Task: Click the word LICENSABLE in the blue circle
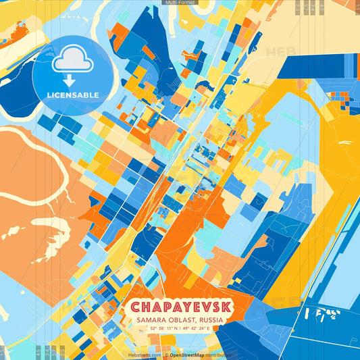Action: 74,95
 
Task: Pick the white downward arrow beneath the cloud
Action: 70,80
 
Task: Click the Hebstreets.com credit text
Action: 145,355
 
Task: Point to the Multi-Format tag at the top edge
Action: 180,3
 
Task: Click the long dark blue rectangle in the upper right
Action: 317,67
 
